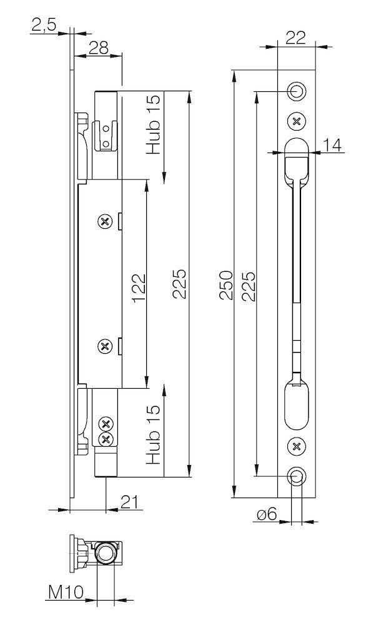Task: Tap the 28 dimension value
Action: (99, 48)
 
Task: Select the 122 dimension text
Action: (139, 287)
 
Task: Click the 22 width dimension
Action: (295, 37)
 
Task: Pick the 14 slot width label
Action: (332, 146)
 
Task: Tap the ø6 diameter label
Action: (267, 514)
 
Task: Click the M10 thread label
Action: (66, 592)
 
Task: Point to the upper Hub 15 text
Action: (153, 124)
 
